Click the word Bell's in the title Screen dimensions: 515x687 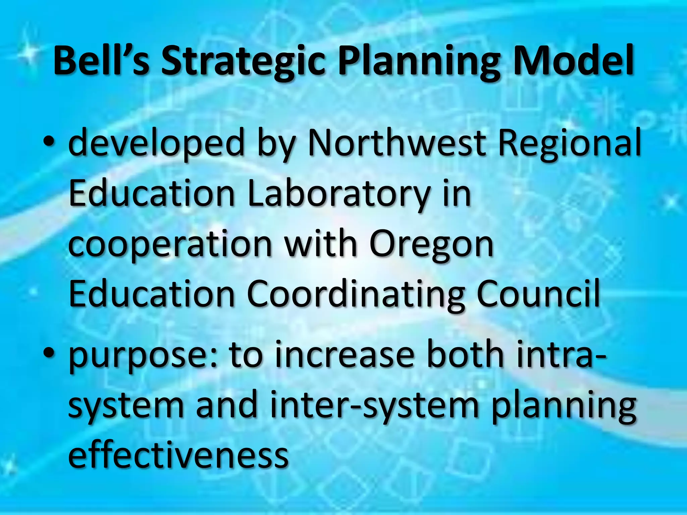pyautogui.click(x=101, y=61)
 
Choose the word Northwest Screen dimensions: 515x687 pyautogui.click(x=397, y=143)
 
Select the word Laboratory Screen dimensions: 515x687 pyautogui.click(x=339, y=194)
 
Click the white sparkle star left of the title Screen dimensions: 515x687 pyautogui.click(x=32, y=54)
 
